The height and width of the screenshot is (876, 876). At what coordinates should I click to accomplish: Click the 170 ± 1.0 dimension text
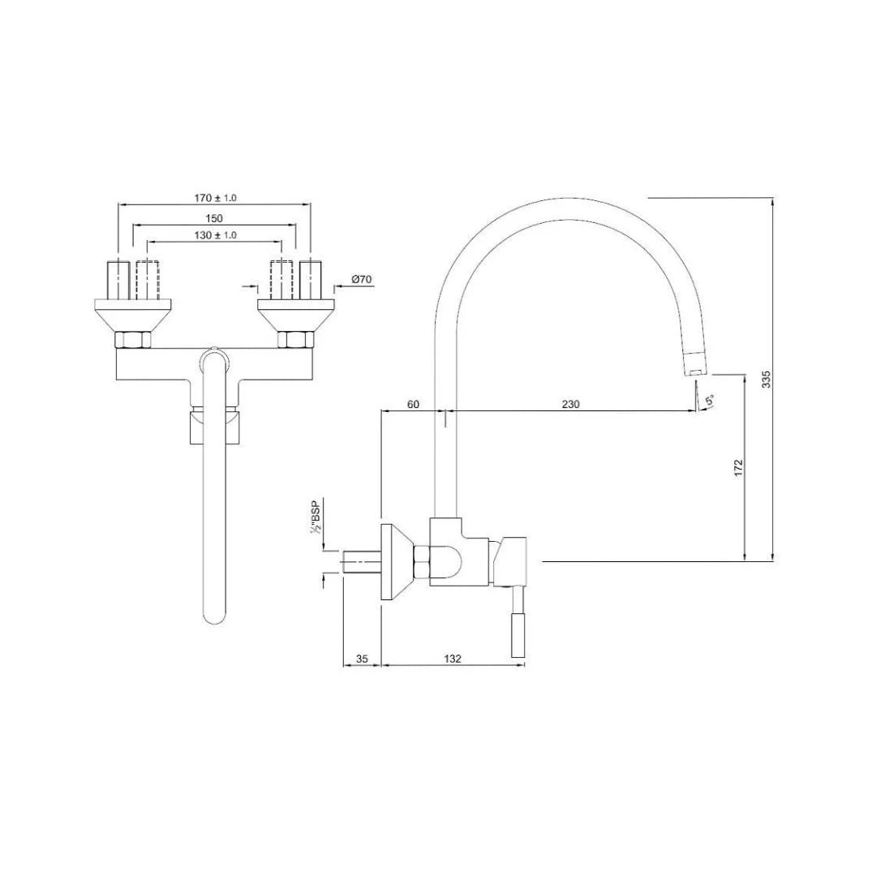(215, 198)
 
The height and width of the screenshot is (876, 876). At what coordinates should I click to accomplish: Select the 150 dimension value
(214, 218)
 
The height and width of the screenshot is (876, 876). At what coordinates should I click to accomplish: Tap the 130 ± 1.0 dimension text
(215, 235)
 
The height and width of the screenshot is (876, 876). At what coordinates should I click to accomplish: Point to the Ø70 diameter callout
(362, 280)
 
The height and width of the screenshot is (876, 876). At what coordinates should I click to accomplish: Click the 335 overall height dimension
(766, 379)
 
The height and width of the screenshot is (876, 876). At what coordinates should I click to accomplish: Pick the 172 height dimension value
(737, 467)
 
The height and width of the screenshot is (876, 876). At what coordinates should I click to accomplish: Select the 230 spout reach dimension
(570, 405)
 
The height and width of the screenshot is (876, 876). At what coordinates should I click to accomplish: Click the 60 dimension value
(413, 405)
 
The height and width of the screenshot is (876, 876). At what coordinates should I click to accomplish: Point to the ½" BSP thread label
(316, 517)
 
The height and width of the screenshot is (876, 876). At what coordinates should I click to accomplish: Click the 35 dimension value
(363, 659)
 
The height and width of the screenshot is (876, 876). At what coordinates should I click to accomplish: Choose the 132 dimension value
(453, 659)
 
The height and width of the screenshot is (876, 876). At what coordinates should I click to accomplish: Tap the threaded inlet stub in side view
(362, 561)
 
